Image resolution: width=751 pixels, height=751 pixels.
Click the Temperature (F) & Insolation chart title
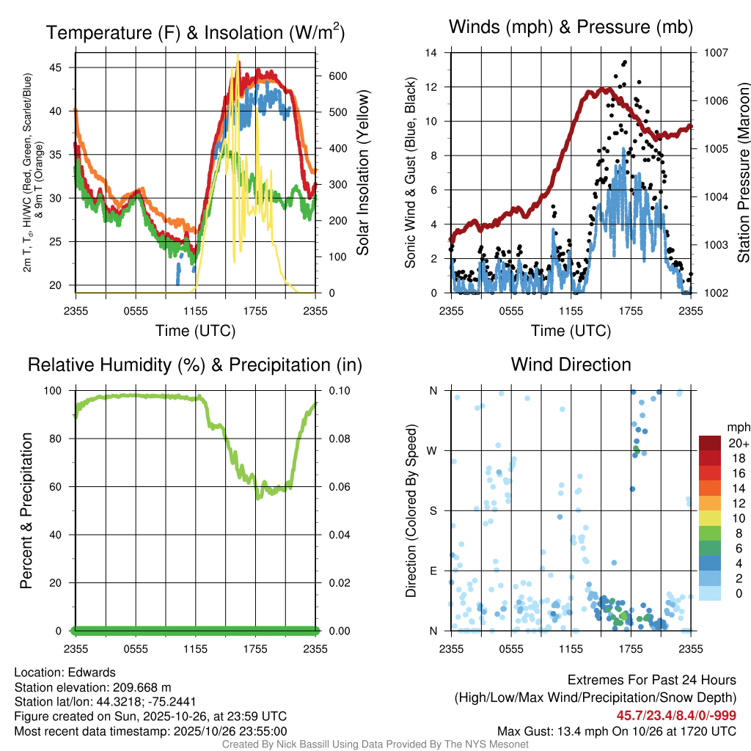pos(195,32)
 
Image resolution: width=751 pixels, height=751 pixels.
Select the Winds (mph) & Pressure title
pos(571,27)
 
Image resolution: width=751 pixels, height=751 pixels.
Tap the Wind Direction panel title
pos(571,364)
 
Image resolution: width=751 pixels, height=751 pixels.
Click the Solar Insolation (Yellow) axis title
pos(362,172)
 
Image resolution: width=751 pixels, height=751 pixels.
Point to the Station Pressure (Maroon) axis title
pos(743,173)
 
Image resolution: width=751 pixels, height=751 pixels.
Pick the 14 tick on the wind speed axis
pos(431,53)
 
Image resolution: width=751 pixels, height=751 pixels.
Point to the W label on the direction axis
pos(433,451)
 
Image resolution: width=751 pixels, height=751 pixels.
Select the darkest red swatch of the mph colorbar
pos(711,443)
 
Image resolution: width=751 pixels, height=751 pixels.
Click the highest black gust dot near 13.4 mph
pos(624,62)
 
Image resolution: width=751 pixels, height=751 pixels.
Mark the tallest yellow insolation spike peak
pos(238,55)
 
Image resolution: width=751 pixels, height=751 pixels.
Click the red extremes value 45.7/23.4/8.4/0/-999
pos(676,716)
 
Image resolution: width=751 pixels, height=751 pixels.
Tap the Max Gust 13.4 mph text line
pos(617,731)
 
